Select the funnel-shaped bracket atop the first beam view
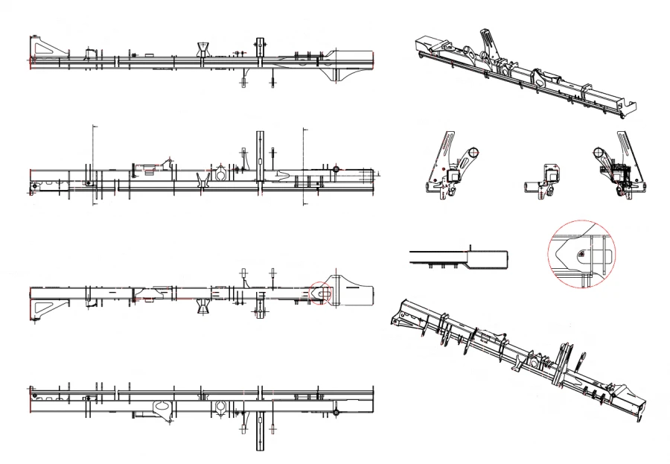(202, 50)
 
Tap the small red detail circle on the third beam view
(320, 292)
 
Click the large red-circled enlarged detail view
(582, 252)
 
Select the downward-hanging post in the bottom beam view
(260, 429)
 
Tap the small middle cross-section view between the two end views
(545, 179)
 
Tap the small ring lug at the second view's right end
(336, 171)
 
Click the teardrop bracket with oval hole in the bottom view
(162, 408)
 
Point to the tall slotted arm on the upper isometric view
(485, 41)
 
